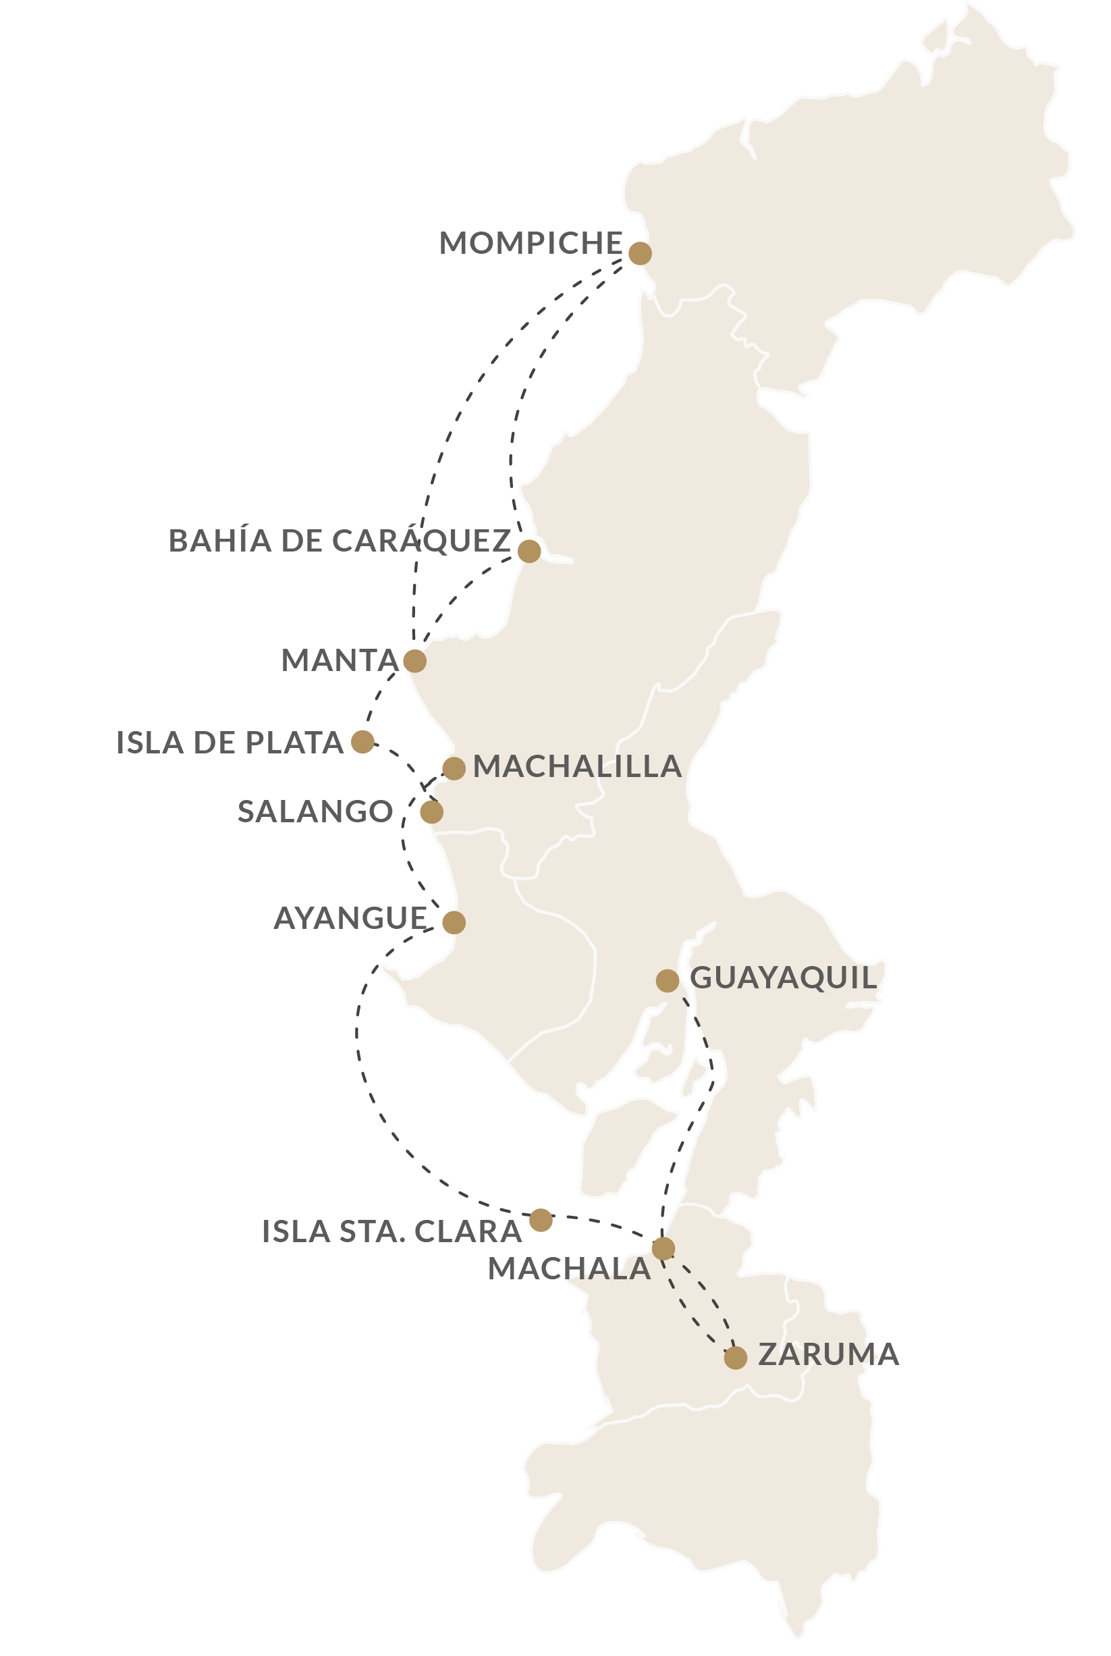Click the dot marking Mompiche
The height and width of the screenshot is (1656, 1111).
click(640, 253)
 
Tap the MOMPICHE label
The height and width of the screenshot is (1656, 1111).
click(531, 243)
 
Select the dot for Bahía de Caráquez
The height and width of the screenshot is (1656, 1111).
click(529, 551)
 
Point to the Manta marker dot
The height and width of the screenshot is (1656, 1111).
click(414, 660)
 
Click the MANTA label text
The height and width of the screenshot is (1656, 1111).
click(340, 660)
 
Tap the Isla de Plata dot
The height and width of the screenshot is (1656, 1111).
click(362, 742)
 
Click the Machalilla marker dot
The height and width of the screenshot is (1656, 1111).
click(454, 768)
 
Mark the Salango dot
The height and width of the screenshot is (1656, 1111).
click(431, 812)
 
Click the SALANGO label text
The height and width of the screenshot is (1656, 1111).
click(315, 811)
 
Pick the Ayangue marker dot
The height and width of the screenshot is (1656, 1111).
click(454, 923)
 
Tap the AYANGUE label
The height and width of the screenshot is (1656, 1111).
click(350, 918)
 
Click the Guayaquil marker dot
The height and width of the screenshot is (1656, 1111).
click(668, 981)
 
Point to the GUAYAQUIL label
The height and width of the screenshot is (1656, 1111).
click(783, 978)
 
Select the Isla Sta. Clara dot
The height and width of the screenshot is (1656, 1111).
click(541, 1220)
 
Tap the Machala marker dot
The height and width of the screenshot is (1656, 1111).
click(663, 1248)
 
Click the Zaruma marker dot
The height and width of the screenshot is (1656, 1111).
click(736, 1358)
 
